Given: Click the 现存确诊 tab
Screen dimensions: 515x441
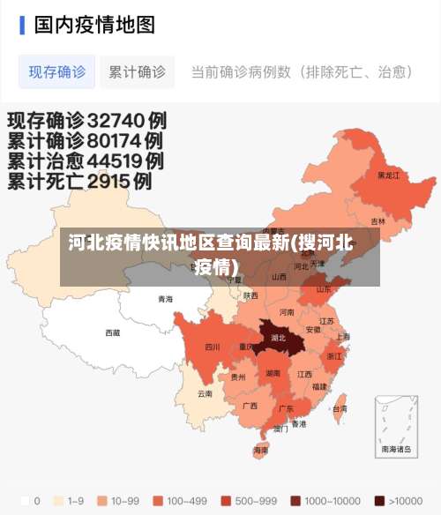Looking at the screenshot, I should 57,71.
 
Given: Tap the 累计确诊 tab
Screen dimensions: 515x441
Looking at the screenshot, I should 137,71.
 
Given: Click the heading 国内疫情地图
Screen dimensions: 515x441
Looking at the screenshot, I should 94,24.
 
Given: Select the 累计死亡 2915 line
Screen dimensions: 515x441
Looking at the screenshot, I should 79,182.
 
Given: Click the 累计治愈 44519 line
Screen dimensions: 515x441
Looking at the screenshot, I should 85,160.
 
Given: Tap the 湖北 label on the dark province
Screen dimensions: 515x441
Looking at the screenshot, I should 278,337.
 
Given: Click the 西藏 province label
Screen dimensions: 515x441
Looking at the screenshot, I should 113,332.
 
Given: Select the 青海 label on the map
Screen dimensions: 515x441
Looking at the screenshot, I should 165,299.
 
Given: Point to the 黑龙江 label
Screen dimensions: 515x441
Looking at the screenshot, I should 388,175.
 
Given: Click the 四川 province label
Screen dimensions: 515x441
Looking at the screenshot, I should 212,347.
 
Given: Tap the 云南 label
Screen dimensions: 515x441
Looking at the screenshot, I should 205,393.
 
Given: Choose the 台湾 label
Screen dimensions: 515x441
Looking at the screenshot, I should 339,408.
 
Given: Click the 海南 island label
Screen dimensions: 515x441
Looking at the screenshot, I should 261,450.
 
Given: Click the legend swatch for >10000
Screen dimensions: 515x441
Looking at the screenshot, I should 380,500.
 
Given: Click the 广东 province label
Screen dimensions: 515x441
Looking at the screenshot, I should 286,408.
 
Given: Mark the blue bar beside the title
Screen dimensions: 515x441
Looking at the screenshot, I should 22,24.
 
